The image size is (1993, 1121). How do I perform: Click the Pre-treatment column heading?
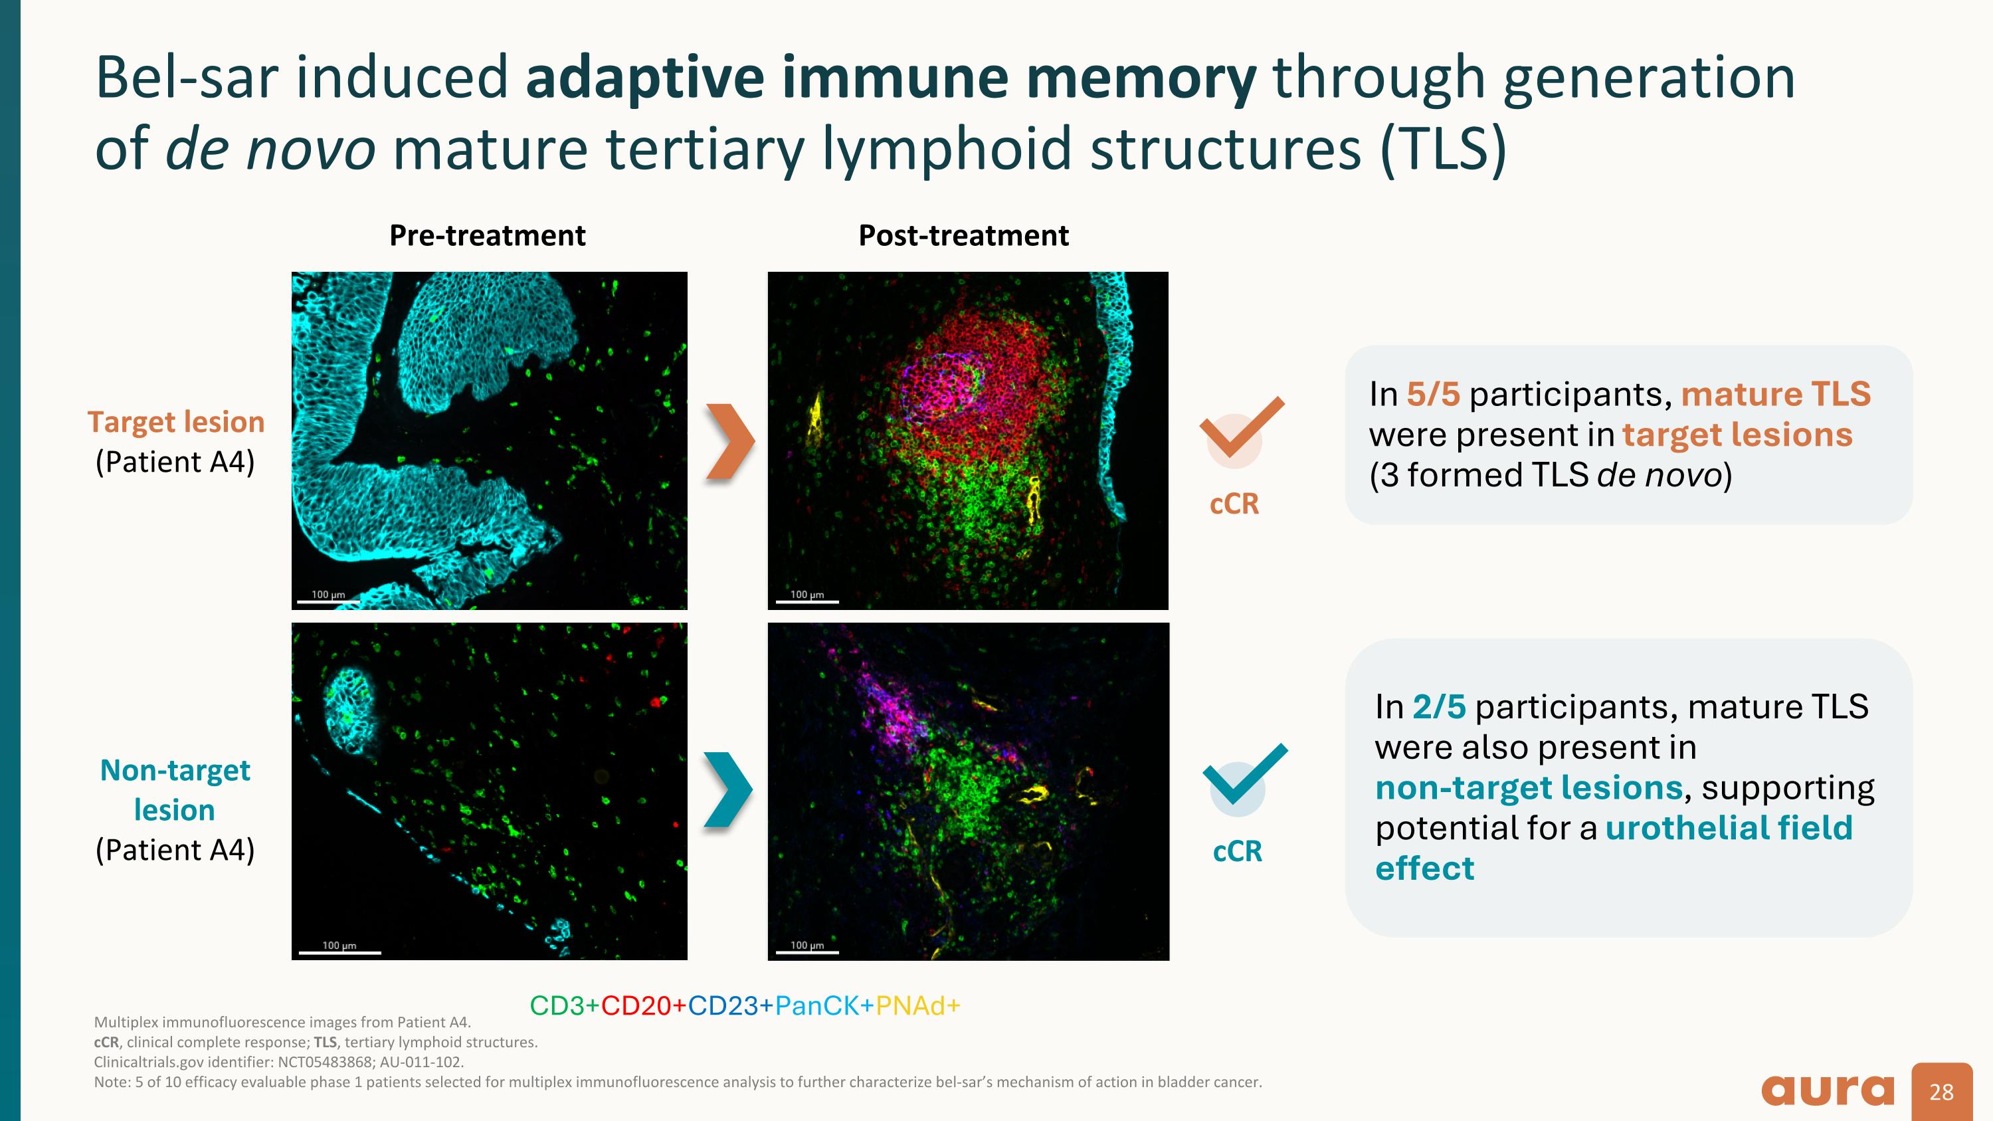(x=487, y=235)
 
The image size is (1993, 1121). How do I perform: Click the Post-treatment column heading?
(x=963, y=235)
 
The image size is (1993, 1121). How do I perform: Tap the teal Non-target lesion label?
(x=175, y=789)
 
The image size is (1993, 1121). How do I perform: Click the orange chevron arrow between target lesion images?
(x=729, y=443)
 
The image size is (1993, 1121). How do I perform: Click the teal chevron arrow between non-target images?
(x=727, y=789)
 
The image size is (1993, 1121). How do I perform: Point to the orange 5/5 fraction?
(x=1433, y=395)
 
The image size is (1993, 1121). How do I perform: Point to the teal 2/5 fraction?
(x=1439, y=706)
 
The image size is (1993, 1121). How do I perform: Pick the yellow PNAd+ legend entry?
(x=917, y=1006)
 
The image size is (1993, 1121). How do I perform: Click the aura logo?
(x=1828, y=1091)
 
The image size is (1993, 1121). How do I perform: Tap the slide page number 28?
(x=1942, y=1092)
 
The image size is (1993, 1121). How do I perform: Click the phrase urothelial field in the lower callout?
(x=1729, y=828)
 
